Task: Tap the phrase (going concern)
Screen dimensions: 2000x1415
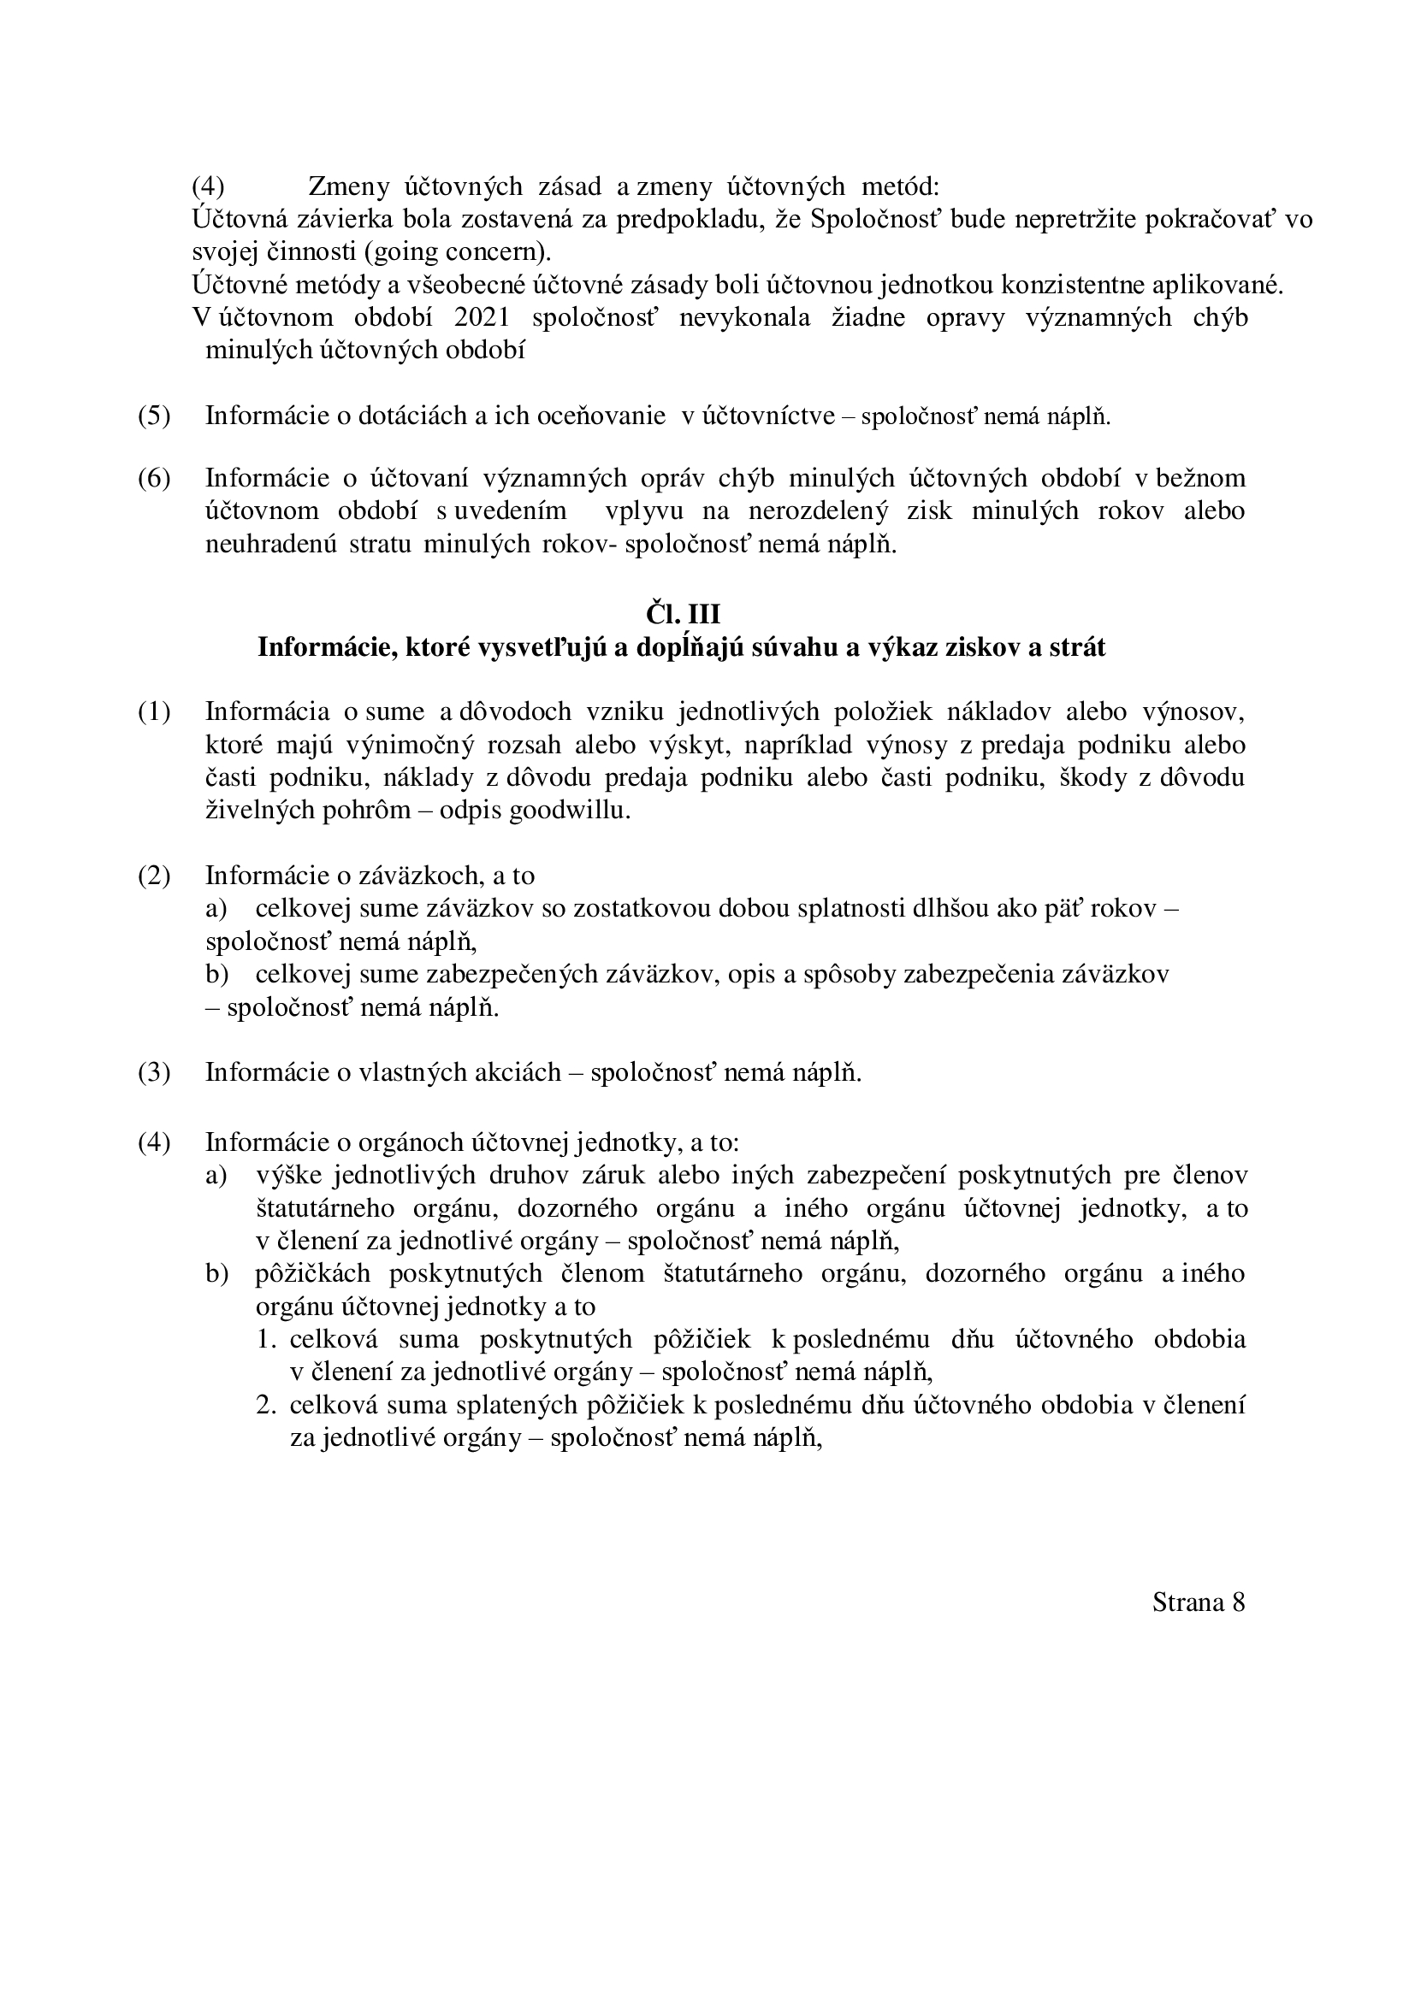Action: [458, 251]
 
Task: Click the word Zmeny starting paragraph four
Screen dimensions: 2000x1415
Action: [348, 186]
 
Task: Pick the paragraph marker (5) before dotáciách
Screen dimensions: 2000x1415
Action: [154, 416]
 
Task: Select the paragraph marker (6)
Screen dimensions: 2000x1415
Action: [154, 478]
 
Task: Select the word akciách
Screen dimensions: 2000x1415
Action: [517, 1072]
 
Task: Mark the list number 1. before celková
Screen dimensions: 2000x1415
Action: [267, 1339]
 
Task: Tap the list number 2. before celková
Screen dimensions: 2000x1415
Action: [267, 1405]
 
